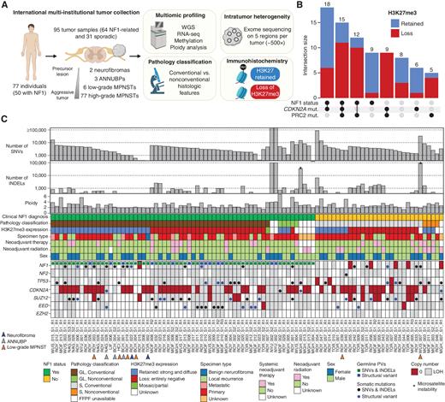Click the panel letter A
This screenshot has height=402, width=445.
click(x=4, y=5)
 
